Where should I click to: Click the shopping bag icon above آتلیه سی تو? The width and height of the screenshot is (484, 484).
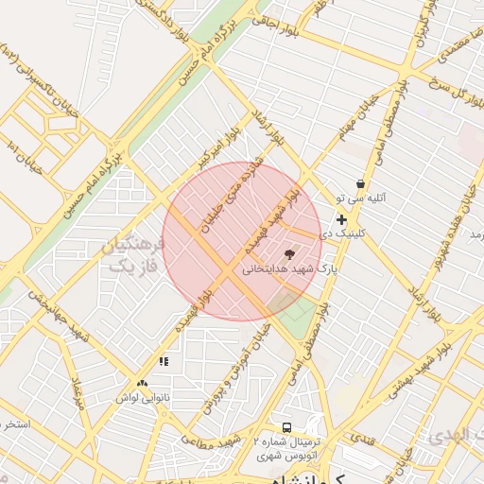pos(360,183)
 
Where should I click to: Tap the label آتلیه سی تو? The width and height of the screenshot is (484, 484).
pos(360,199)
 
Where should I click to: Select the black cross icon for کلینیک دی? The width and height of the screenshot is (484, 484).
pos(341,219)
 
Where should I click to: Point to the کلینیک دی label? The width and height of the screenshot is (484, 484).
pos(341,233)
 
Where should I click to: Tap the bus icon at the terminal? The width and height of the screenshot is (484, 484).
pos(286,426)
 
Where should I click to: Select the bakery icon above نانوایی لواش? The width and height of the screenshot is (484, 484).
pos(142,384)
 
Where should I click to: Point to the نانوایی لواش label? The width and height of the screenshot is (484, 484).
pos(142,398)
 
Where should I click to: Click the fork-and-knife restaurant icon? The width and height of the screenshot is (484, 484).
pos(164,360)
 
